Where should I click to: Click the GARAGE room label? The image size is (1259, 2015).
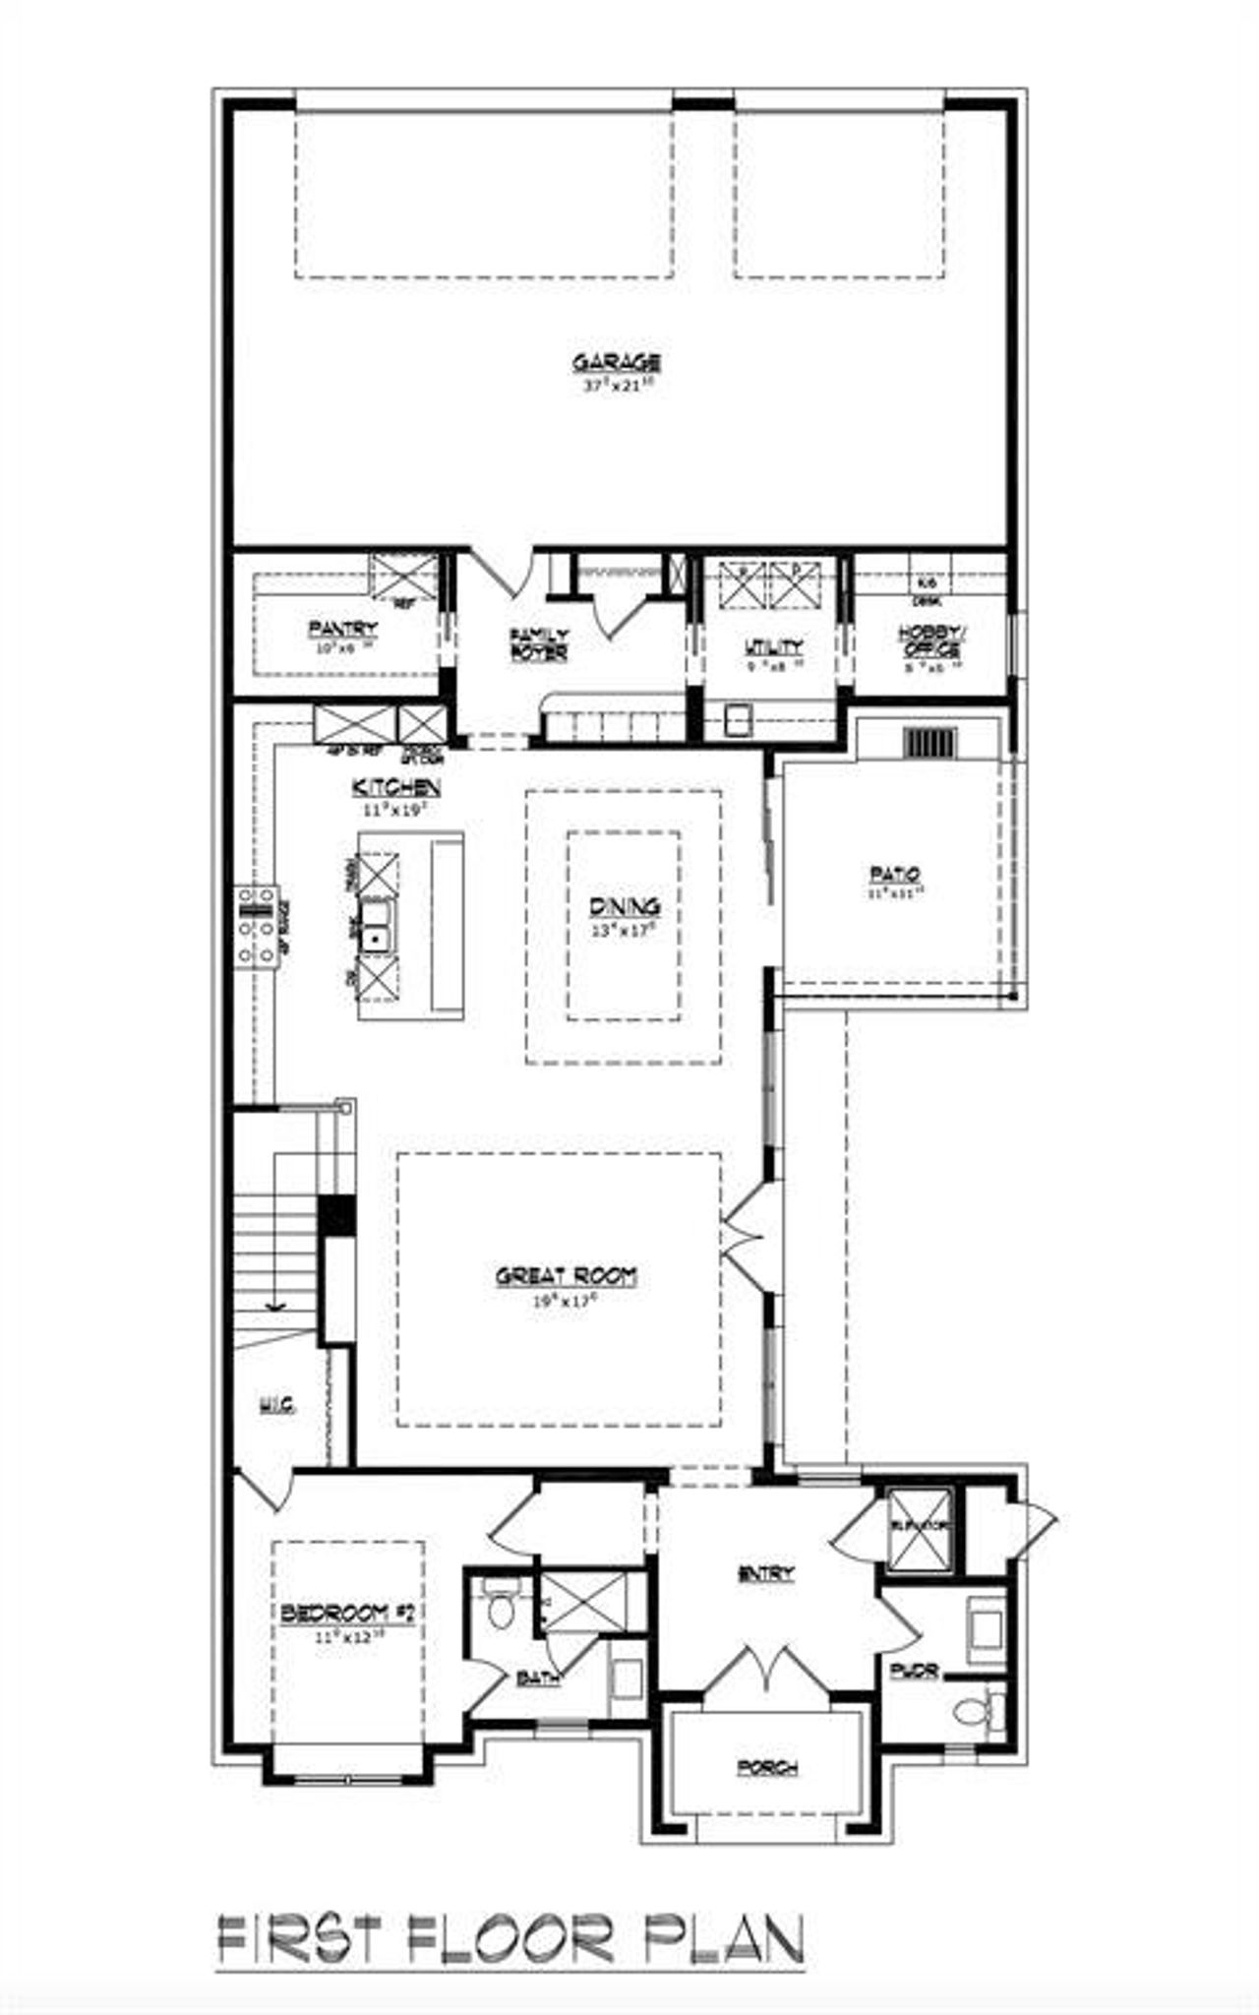pos(616,362)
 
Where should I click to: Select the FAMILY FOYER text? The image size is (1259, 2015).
pos(539,644)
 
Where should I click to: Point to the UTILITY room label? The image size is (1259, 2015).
pos(773,646)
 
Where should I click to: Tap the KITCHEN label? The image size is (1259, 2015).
pos(396,787)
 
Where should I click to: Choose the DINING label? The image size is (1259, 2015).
pos(625,907)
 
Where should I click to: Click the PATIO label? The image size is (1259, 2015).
pos(894,873)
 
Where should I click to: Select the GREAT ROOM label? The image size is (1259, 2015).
pos(566,1276)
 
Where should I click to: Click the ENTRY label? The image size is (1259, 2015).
pos(765,1573)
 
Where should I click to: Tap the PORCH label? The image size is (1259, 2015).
pos(767,1767)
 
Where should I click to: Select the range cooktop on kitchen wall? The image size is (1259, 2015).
pos(255,925)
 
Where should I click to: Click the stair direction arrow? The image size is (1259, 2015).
pos(274,1305)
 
